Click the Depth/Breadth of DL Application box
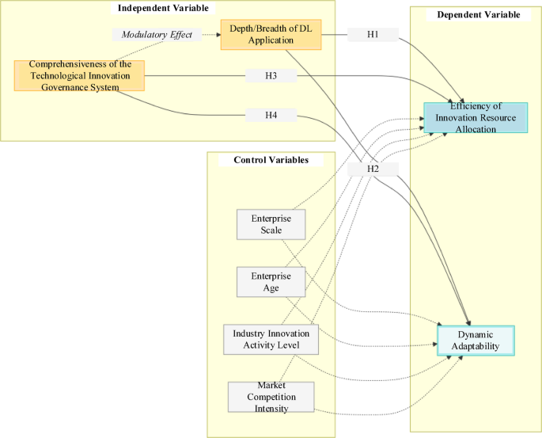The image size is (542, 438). pos(260,35)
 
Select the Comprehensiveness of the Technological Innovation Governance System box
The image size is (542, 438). pos(80,75)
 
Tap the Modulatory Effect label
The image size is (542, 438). pos(157,35)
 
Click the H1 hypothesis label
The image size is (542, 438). pos(373,35)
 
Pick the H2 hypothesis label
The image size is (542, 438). pos(373,169)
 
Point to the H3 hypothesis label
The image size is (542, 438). pos(271,76)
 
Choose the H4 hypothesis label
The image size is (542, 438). pos(271,116)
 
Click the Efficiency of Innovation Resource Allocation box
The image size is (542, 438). pos(476,117)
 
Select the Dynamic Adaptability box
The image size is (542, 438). pos(476,341)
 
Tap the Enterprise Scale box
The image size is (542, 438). pos(267,224)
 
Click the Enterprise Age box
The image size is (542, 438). pos(267,282)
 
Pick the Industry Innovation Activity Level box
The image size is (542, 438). pos(271,339)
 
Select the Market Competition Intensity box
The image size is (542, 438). pos(271,397)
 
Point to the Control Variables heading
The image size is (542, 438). pos(266,160)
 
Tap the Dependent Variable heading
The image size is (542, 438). pos(473,15)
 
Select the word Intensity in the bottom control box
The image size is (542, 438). pos(271,408)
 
